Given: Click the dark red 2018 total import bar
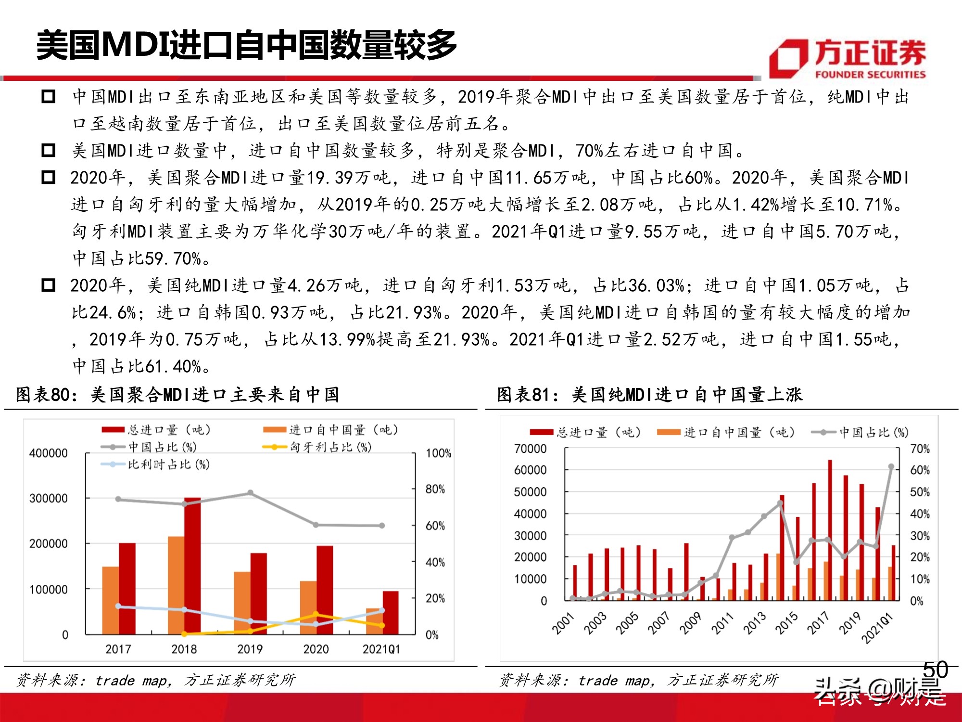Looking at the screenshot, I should (x=192, y=566).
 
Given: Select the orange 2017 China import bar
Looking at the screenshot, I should (x=111, y=600).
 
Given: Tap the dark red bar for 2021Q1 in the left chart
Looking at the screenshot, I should (x=391, y=612).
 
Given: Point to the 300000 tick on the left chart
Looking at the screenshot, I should (x=48, y=498).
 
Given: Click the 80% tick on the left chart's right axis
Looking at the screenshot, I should (x=435, y=489).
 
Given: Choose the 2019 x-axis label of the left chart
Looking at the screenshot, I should (x=250, y=649).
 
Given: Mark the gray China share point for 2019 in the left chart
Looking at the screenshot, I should (x=250, y=493).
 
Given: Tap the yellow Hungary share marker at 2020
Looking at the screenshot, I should (x=316, y=614).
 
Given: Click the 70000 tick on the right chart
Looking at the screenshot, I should (x=530, y=449).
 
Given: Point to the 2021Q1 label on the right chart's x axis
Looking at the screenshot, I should (x=877, y=628).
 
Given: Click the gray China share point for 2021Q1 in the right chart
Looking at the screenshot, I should (x=891, y=466).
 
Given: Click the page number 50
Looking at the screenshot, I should (x=935, y=670).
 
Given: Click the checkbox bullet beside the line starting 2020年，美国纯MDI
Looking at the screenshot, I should (x=48, y=285).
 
